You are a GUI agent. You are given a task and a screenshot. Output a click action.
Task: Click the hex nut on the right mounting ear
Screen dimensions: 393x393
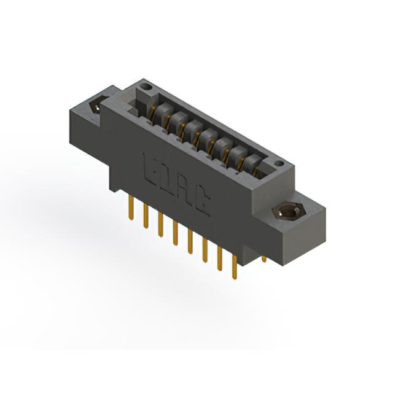coord(288,212)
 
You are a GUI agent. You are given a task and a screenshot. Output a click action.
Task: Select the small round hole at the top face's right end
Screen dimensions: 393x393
coord(279,164)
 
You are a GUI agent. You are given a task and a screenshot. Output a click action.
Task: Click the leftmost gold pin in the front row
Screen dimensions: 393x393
coord(131,208)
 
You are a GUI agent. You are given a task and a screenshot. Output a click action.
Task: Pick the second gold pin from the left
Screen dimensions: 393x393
coord(146,216)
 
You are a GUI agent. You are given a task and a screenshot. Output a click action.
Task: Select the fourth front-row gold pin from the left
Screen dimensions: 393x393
coord(175,233)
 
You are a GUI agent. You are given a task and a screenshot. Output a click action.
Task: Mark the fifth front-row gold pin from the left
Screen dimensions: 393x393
coord(190,241)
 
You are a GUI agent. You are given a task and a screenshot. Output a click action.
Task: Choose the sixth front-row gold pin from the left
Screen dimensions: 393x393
coord(205,250)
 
